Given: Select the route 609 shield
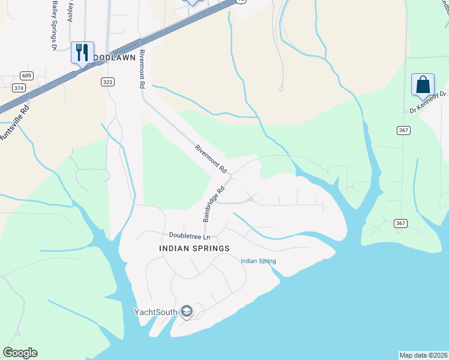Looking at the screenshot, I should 26,76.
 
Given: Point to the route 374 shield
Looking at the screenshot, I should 19,88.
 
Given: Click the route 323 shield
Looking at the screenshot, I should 107,82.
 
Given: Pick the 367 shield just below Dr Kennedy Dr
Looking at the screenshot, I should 403,130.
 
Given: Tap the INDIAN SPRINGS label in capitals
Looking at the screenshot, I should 194,248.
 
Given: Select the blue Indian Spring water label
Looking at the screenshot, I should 258,261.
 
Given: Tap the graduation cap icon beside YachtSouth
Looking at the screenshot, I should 187,311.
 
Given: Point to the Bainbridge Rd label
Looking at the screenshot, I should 214,203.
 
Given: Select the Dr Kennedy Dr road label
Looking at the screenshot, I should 429,103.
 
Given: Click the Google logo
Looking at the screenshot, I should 20,353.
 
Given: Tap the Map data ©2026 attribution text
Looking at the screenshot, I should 423,355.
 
